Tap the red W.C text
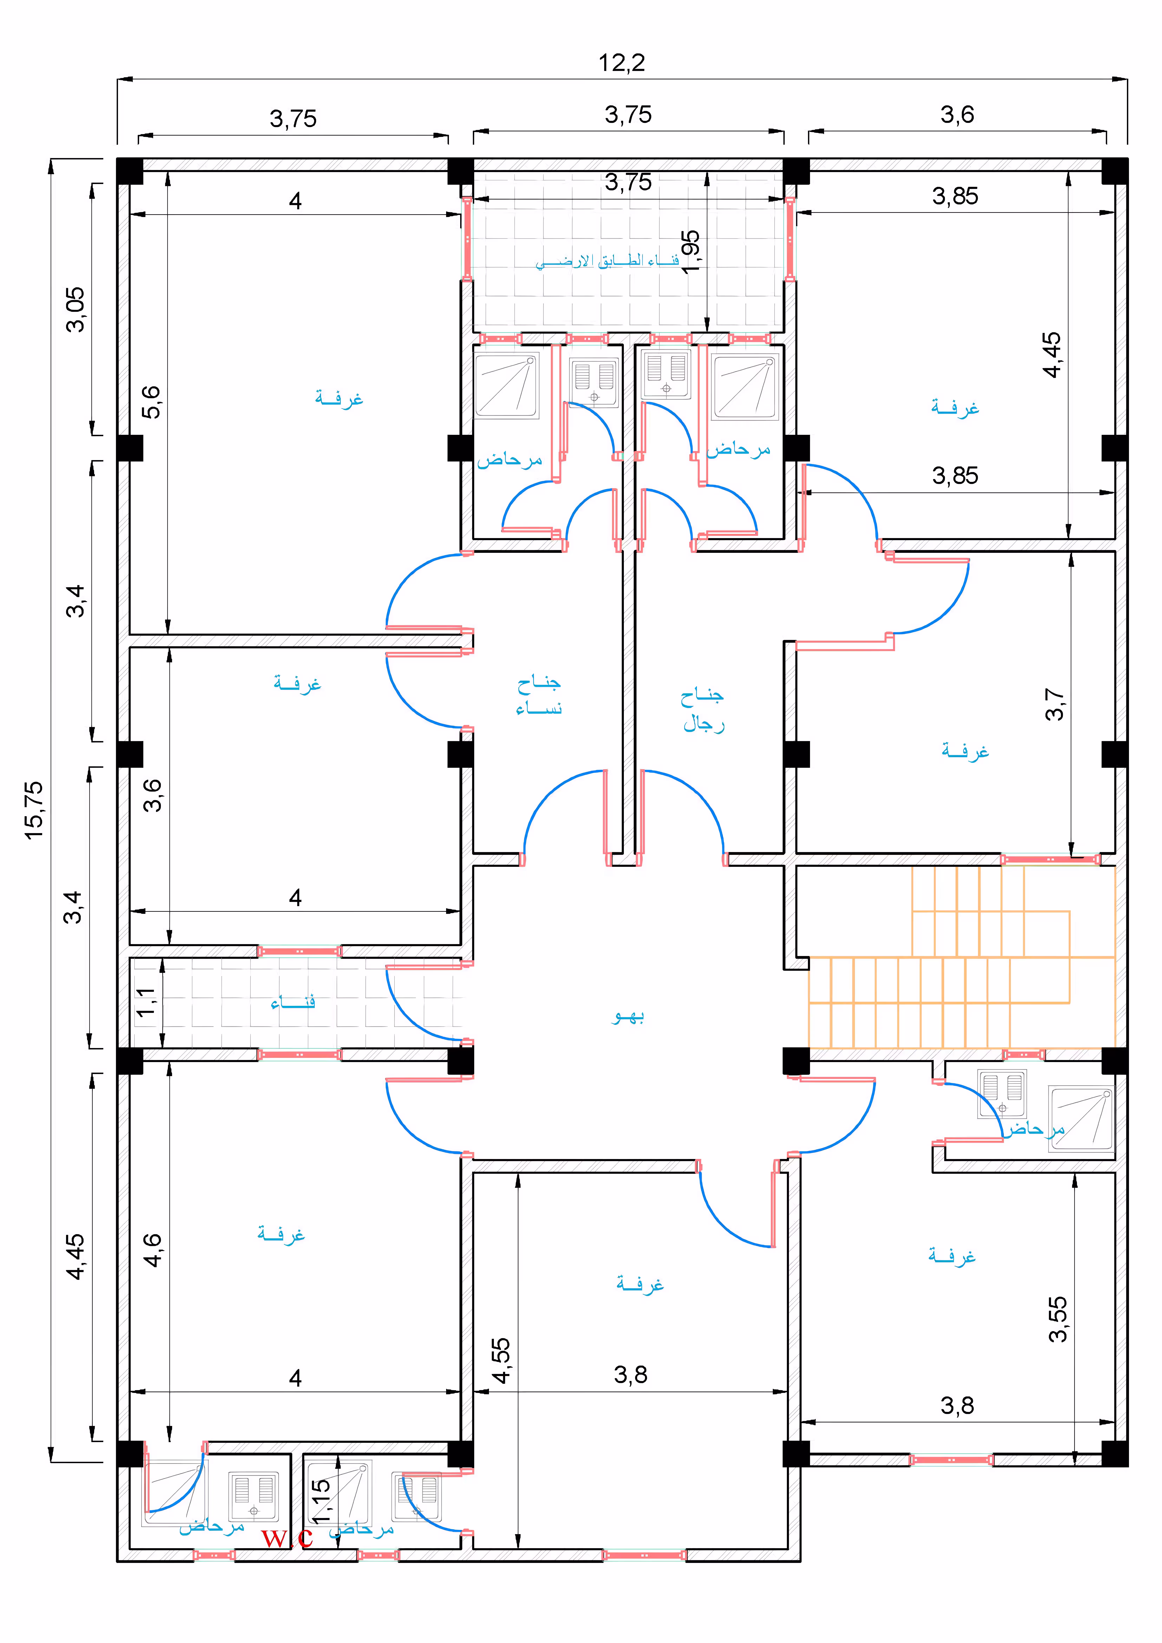[287, 1537]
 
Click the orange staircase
[962, 957]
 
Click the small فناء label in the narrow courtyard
[293, 1003]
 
